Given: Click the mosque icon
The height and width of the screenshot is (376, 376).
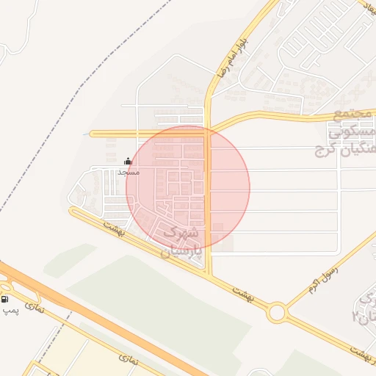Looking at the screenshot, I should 129,161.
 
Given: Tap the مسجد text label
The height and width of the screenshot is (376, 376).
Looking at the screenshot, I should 128,172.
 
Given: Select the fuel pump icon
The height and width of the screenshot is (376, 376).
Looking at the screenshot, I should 6,299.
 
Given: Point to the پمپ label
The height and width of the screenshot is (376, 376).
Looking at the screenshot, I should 10,311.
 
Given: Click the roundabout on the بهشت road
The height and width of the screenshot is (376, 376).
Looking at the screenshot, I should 277,314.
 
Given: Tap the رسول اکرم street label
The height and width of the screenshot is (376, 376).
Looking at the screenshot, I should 320,275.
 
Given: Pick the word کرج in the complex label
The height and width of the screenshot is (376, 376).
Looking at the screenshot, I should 322,151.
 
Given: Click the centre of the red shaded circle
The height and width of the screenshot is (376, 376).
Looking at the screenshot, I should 188,187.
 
